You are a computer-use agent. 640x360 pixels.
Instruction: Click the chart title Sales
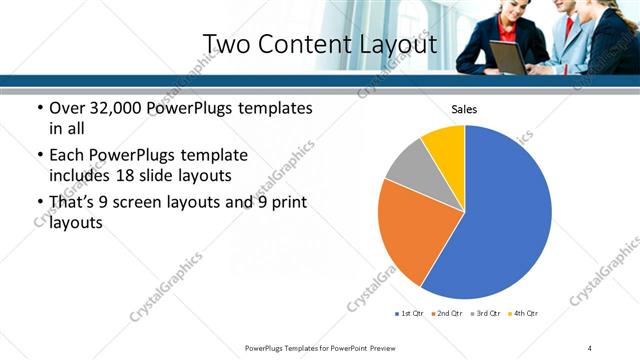tap(464, 109)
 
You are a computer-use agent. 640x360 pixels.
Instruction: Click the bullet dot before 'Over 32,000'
tap(39, 108)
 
